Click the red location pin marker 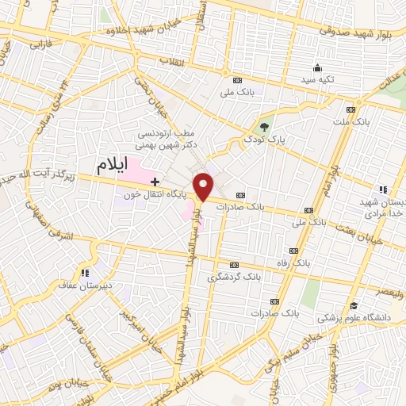pos(205,186)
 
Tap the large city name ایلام pos(113,167)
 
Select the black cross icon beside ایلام pos(144,182)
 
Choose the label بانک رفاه pos(310,261)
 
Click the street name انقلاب pos(172,61)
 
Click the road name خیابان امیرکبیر pos(130,325)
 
